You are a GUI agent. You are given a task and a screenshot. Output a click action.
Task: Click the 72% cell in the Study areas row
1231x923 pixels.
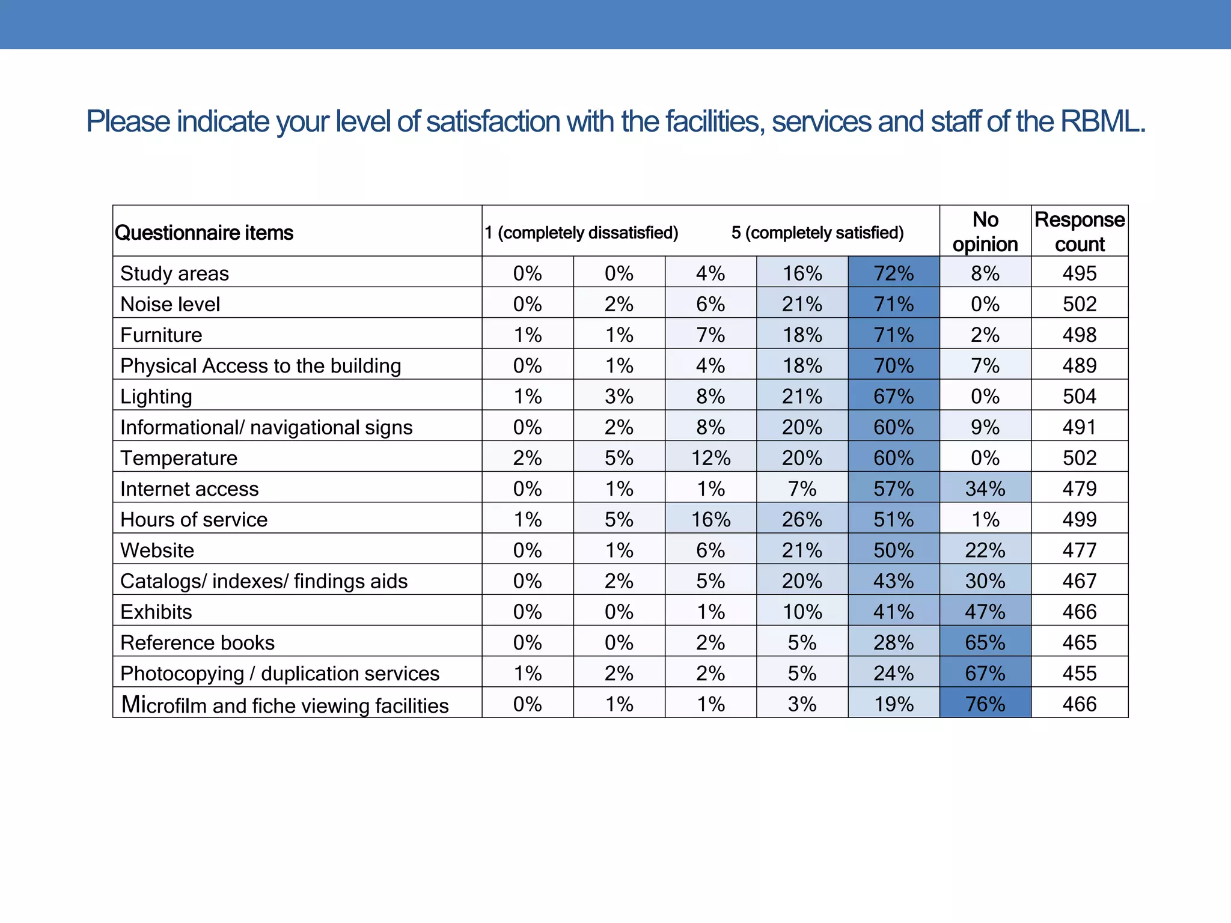tap(893, 273)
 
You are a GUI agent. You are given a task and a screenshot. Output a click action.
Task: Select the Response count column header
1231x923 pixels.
tap(1080, 232)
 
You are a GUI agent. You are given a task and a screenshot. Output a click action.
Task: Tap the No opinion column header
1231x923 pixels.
tap(985, 232)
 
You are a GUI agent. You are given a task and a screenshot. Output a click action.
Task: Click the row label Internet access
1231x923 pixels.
tap(189, 489)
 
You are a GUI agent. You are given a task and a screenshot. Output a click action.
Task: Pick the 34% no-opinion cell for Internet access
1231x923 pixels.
tap(985, 489)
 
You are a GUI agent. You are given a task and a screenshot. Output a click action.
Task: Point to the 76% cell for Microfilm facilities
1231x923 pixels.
tap(985, 704)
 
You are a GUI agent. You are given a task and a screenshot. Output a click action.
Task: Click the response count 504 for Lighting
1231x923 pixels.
tap(1080, 396)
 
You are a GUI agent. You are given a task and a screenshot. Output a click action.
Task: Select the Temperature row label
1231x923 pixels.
tap(179, 458)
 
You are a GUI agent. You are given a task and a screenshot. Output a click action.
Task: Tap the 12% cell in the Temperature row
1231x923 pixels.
tap(710, 458)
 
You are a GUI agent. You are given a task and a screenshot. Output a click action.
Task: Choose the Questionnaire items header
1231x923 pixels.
tap(204, 233)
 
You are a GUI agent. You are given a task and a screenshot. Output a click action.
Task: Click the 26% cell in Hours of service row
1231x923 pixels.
tap(802, 519)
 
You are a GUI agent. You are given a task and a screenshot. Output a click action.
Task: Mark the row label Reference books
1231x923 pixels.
tap(197, 642)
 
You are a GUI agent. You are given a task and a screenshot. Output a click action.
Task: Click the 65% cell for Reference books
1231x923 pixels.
tap(985, 642)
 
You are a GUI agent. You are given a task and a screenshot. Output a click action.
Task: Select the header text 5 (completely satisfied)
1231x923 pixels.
tap(817, 233)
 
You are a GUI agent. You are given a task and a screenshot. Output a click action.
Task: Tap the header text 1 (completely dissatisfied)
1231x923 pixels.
tap(581, 233)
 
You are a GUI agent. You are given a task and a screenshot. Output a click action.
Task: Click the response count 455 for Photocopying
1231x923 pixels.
tap(1080, 673)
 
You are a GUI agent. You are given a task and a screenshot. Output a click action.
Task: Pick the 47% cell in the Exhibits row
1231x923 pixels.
tap(985, 612)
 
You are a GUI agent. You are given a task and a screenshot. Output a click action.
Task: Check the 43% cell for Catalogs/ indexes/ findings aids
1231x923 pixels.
tap(893, 581)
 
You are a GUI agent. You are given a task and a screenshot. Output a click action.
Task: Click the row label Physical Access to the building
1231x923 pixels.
tap(260, 365)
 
